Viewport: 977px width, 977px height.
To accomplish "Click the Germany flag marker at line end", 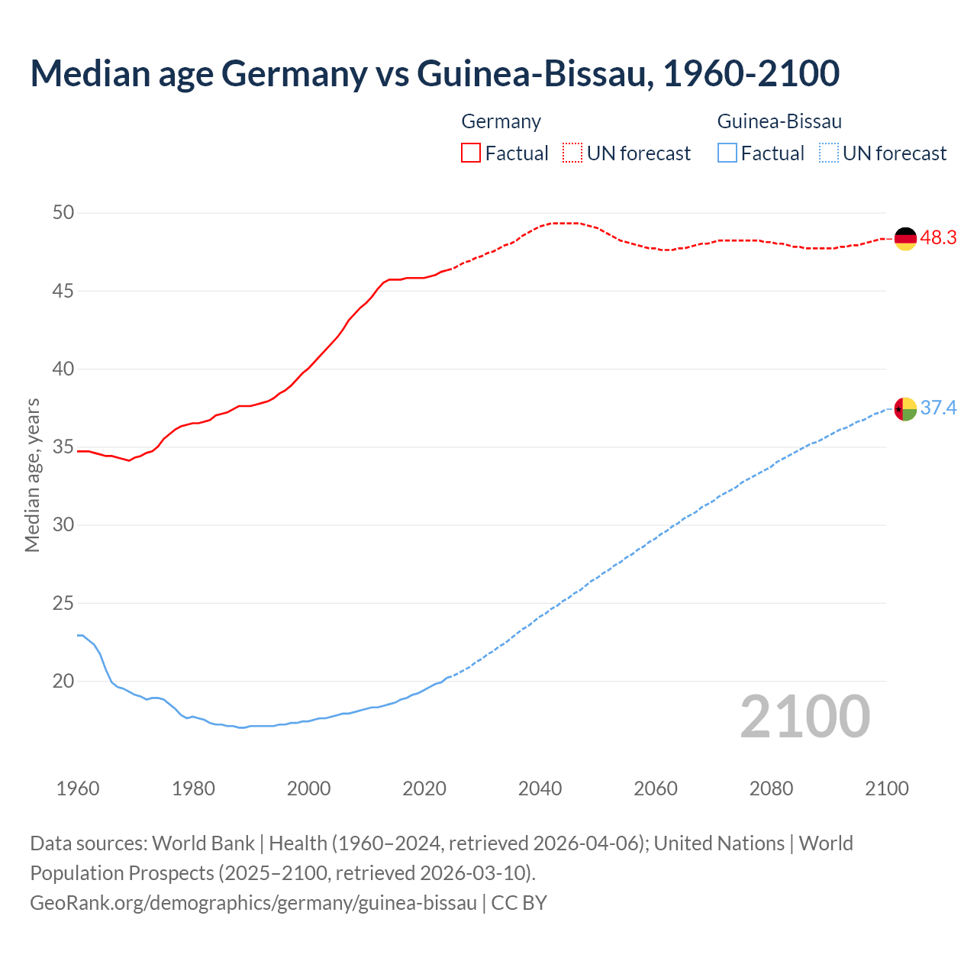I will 904,239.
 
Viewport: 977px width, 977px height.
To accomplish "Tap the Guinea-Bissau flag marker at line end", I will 904,409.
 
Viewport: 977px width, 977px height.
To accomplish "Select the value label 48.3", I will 938,238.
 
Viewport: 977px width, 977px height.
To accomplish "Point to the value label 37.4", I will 938,408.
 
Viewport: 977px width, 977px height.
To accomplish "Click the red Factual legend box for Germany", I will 471,153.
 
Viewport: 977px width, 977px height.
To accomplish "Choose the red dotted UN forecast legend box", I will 572,153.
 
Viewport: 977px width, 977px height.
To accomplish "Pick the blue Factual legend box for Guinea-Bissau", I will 727,153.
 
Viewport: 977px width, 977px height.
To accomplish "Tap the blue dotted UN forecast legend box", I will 828,153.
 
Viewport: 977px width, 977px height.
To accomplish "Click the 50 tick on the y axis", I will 63,213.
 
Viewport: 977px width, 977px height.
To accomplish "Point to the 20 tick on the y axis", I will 63,681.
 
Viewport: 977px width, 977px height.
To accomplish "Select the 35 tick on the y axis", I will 63,447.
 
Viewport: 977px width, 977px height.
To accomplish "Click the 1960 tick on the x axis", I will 78,788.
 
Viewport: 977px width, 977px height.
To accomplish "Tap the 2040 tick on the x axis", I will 540,788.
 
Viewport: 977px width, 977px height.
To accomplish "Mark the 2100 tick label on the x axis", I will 887,788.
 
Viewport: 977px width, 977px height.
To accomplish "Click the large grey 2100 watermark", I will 804,716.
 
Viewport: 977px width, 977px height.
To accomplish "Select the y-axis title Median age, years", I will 32,475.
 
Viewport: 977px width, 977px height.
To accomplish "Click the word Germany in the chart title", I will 293,73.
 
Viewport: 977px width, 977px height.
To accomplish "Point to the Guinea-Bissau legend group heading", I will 779,121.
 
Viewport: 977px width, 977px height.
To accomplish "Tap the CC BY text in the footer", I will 519,903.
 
